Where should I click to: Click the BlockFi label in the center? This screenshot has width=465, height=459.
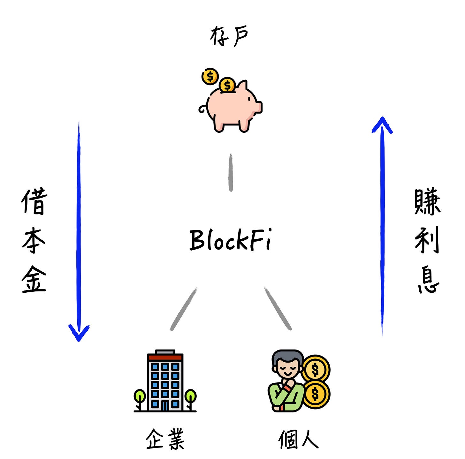tap(230, 239)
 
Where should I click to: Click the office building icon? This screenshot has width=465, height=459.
tap(165, 381)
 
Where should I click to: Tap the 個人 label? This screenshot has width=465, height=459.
tap(298, 440)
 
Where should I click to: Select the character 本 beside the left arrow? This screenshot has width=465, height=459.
tap(34, 240)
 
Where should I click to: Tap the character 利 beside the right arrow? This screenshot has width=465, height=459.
tap(427, 240)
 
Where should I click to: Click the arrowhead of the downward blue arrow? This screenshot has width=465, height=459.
tap(79, 334)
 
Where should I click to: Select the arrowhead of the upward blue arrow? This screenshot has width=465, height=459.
tap(382, 124)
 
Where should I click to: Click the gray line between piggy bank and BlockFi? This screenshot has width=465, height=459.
tap(231, 173)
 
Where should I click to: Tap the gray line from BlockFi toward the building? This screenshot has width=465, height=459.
tap(184, 309)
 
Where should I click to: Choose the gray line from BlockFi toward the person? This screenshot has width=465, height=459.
tap(278, 309)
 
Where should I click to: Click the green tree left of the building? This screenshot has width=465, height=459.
tap(140, 396)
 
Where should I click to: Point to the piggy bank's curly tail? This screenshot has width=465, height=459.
tap(202, 109)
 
